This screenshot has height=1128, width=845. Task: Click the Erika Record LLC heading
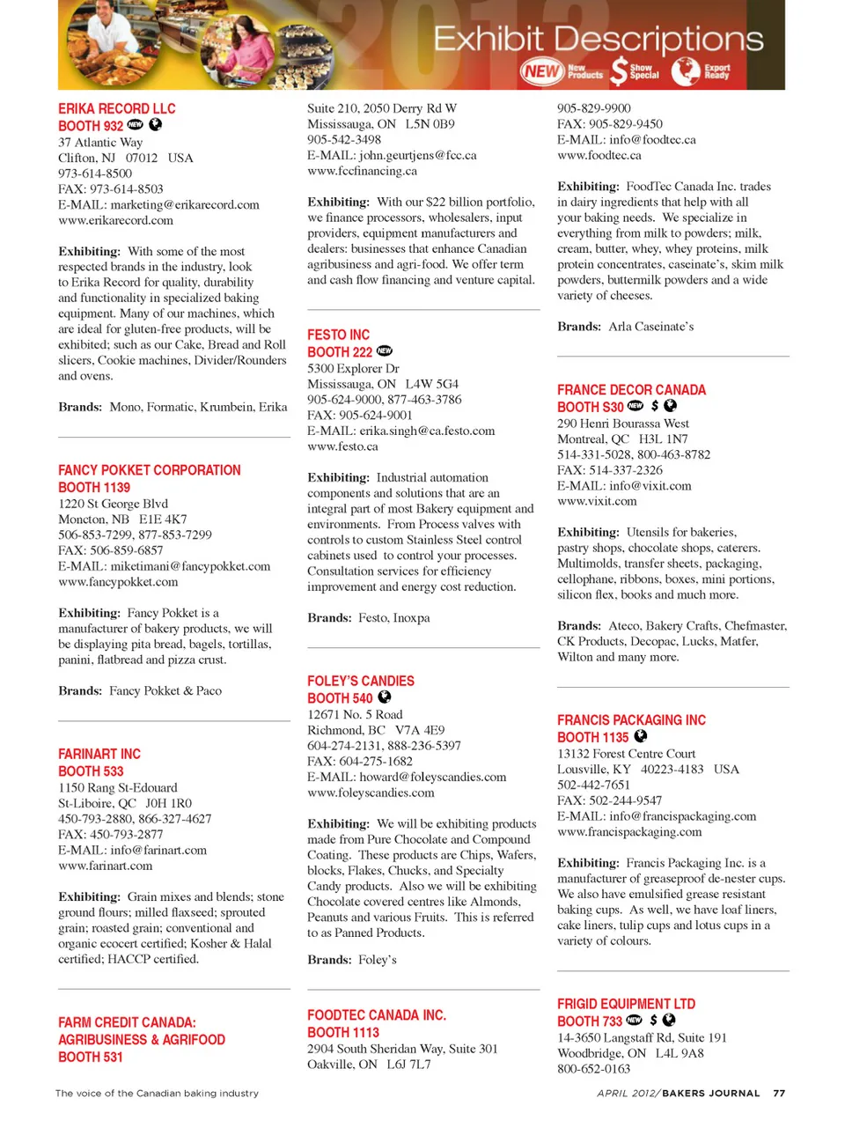tap(117, 108)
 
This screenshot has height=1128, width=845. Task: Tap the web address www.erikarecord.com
tap(115, 220)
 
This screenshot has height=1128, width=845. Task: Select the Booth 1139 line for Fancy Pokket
tap(94, 487)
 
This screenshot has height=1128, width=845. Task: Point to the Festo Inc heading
tap(338, 335)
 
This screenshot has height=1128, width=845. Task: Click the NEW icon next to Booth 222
tap(385, 350)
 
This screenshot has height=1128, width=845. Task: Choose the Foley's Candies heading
tap(360, 681)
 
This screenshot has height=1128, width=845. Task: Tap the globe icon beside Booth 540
tap(385, 697)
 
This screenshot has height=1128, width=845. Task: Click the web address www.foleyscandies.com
tap(371, 793)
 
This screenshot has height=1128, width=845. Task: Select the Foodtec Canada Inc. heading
tap(376, 1015)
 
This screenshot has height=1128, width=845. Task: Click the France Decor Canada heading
tap(631, 389)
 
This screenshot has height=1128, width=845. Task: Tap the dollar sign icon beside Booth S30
tap(654, 406)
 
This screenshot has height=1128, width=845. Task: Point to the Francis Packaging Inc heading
tap(631, 719)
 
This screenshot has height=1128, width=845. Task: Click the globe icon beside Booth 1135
tap(641, 735)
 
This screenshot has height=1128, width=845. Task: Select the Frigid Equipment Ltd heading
tap(626, 1004)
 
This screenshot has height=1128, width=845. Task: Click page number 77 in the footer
tap(779, 1093)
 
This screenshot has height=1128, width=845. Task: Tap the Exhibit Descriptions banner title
tap(599, 39)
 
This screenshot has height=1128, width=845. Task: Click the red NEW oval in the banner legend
tap(541, 71)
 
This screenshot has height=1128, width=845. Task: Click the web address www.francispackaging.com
tap(629, 831)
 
